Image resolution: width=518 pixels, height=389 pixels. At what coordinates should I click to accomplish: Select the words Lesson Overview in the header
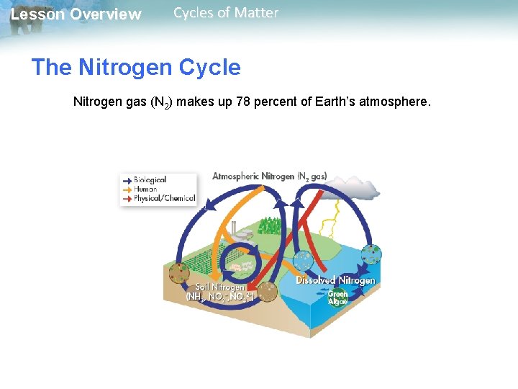point(76,14)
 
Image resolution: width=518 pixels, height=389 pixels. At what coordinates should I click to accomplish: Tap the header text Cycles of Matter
point(225,13)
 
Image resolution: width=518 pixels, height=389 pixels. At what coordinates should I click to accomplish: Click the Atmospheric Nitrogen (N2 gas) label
point(269,176)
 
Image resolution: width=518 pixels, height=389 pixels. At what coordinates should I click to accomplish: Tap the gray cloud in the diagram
point(356,189)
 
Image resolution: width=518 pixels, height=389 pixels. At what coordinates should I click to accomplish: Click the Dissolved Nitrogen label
point(335,280)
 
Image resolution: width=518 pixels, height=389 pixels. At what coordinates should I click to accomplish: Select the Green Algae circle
point(337,298)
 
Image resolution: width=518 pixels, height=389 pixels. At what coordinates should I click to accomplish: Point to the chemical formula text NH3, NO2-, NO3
point(217,296)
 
